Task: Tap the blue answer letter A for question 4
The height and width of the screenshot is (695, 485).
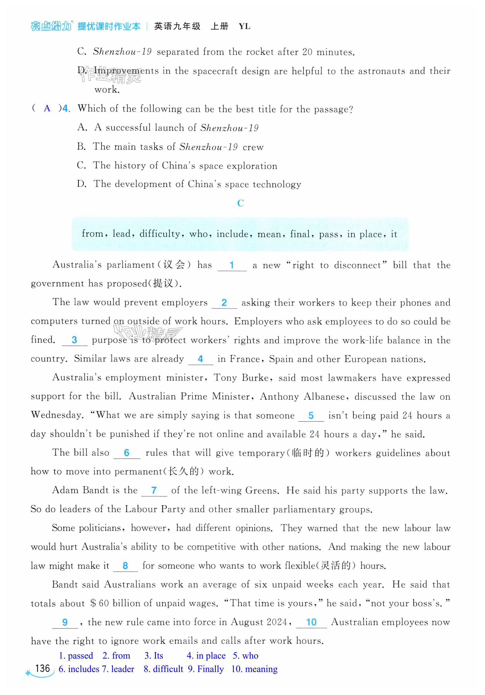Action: [47, 108]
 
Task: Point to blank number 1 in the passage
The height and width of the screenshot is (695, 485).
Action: [232, 265]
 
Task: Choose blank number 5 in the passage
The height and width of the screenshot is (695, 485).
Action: [311, 416]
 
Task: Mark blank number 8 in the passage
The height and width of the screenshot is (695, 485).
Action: [125, 565]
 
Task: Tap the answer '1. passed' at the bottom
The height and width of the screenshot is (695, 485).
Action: [76, 656]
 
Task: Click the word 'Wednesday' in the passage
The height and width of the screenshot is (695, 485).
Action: [57, 415]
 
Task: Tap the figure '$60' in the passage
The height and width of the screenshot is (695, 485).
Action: [100, 603]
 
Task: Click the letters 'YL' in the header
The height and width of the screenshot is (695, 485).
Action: [244, 26]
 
